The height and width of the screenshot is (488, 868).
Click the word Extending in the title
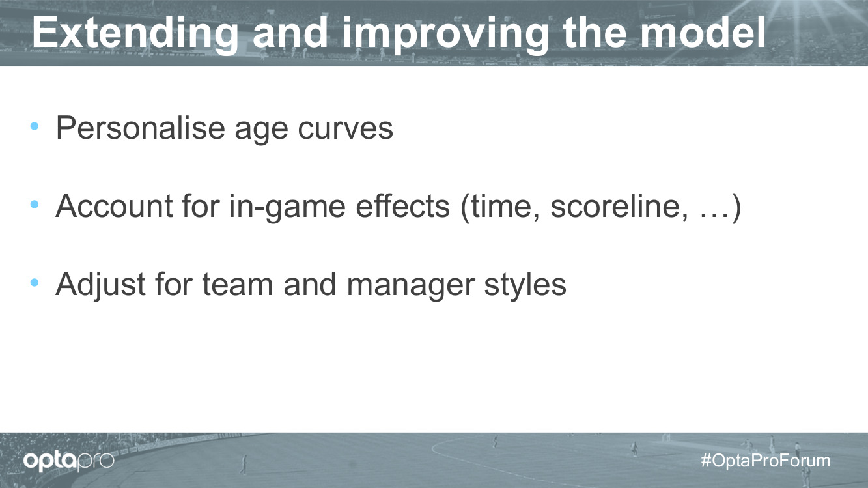(135, 33)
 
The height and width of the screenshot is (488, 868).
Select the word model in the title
(703, 33)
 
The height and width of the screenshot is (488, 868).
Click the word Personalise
(141, 128)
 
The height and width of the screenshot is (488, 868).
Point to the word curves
(345, 129)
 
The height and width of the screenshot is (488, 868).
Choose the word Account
(115, 206)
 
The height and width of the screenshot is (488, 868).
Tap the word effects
(403, 205)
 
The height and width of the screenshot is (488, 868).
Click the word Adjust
(101, 285)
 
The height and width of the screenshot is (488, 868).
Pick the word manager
(411, 287)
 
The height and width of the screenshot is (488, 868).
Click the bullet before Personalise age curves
(35, 126)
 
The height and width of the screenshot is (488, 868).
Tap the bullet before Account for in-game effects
(35, 204)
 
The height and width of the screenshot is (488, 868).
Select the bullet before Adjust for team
(35, 282)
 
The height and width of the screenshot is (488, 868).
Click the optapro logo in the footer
(68, 461)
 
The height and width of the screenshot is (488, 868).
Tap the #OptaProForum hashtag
(766, 461)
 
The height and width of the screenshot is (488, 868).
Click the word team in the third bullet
(238, 285)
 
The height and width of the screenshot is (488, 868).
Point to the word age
(262, 131)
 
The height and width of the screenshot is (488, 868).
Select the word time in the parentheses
(504, 206)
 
